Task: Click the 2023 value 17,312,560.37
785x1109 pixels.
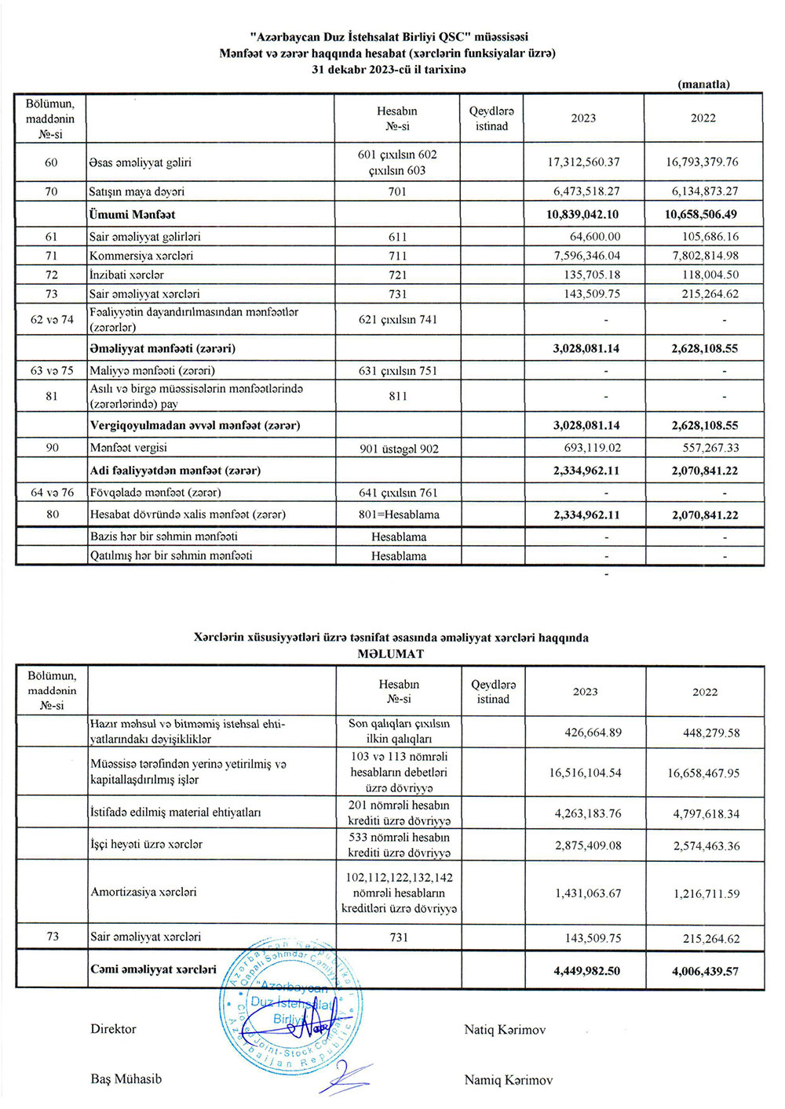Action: coord(583,162)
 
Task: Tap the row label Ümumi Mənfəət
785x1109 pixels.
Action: coord(132,214)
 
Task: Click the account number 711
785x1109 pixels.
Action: coord(397,256)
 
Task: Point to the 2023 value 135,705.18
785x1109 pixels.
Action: coord(586,275)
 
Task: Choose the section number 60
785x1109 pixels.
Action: coord(51,162)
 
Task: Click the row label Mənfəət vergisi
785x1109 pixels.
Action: coord(128,448)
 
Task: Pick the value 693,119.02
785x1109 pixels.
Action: coord(586,448)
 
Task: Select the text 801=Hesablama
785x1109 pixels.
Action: coord(398,515)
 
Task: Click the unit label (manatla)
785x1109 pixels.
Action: coord(703,84)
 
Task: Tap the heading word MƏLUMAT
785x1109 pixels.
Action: coord(391,653)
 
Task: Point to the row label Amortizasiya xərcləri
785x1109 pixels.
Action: coord(144,892)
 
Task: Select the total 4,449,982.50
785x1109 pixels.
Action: coord(586,970)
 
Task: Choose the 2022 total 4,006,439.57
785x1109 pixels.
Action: coord(705,970)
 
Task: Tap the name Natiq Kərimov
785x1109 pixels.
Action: coord(504,1030)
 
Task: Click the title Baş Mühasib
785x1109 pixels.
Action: coord(126,1078)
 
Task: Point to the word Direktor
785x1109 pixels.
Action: coord(113,1029)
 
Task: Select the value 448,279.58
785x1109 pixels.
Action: coord(706,733)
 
